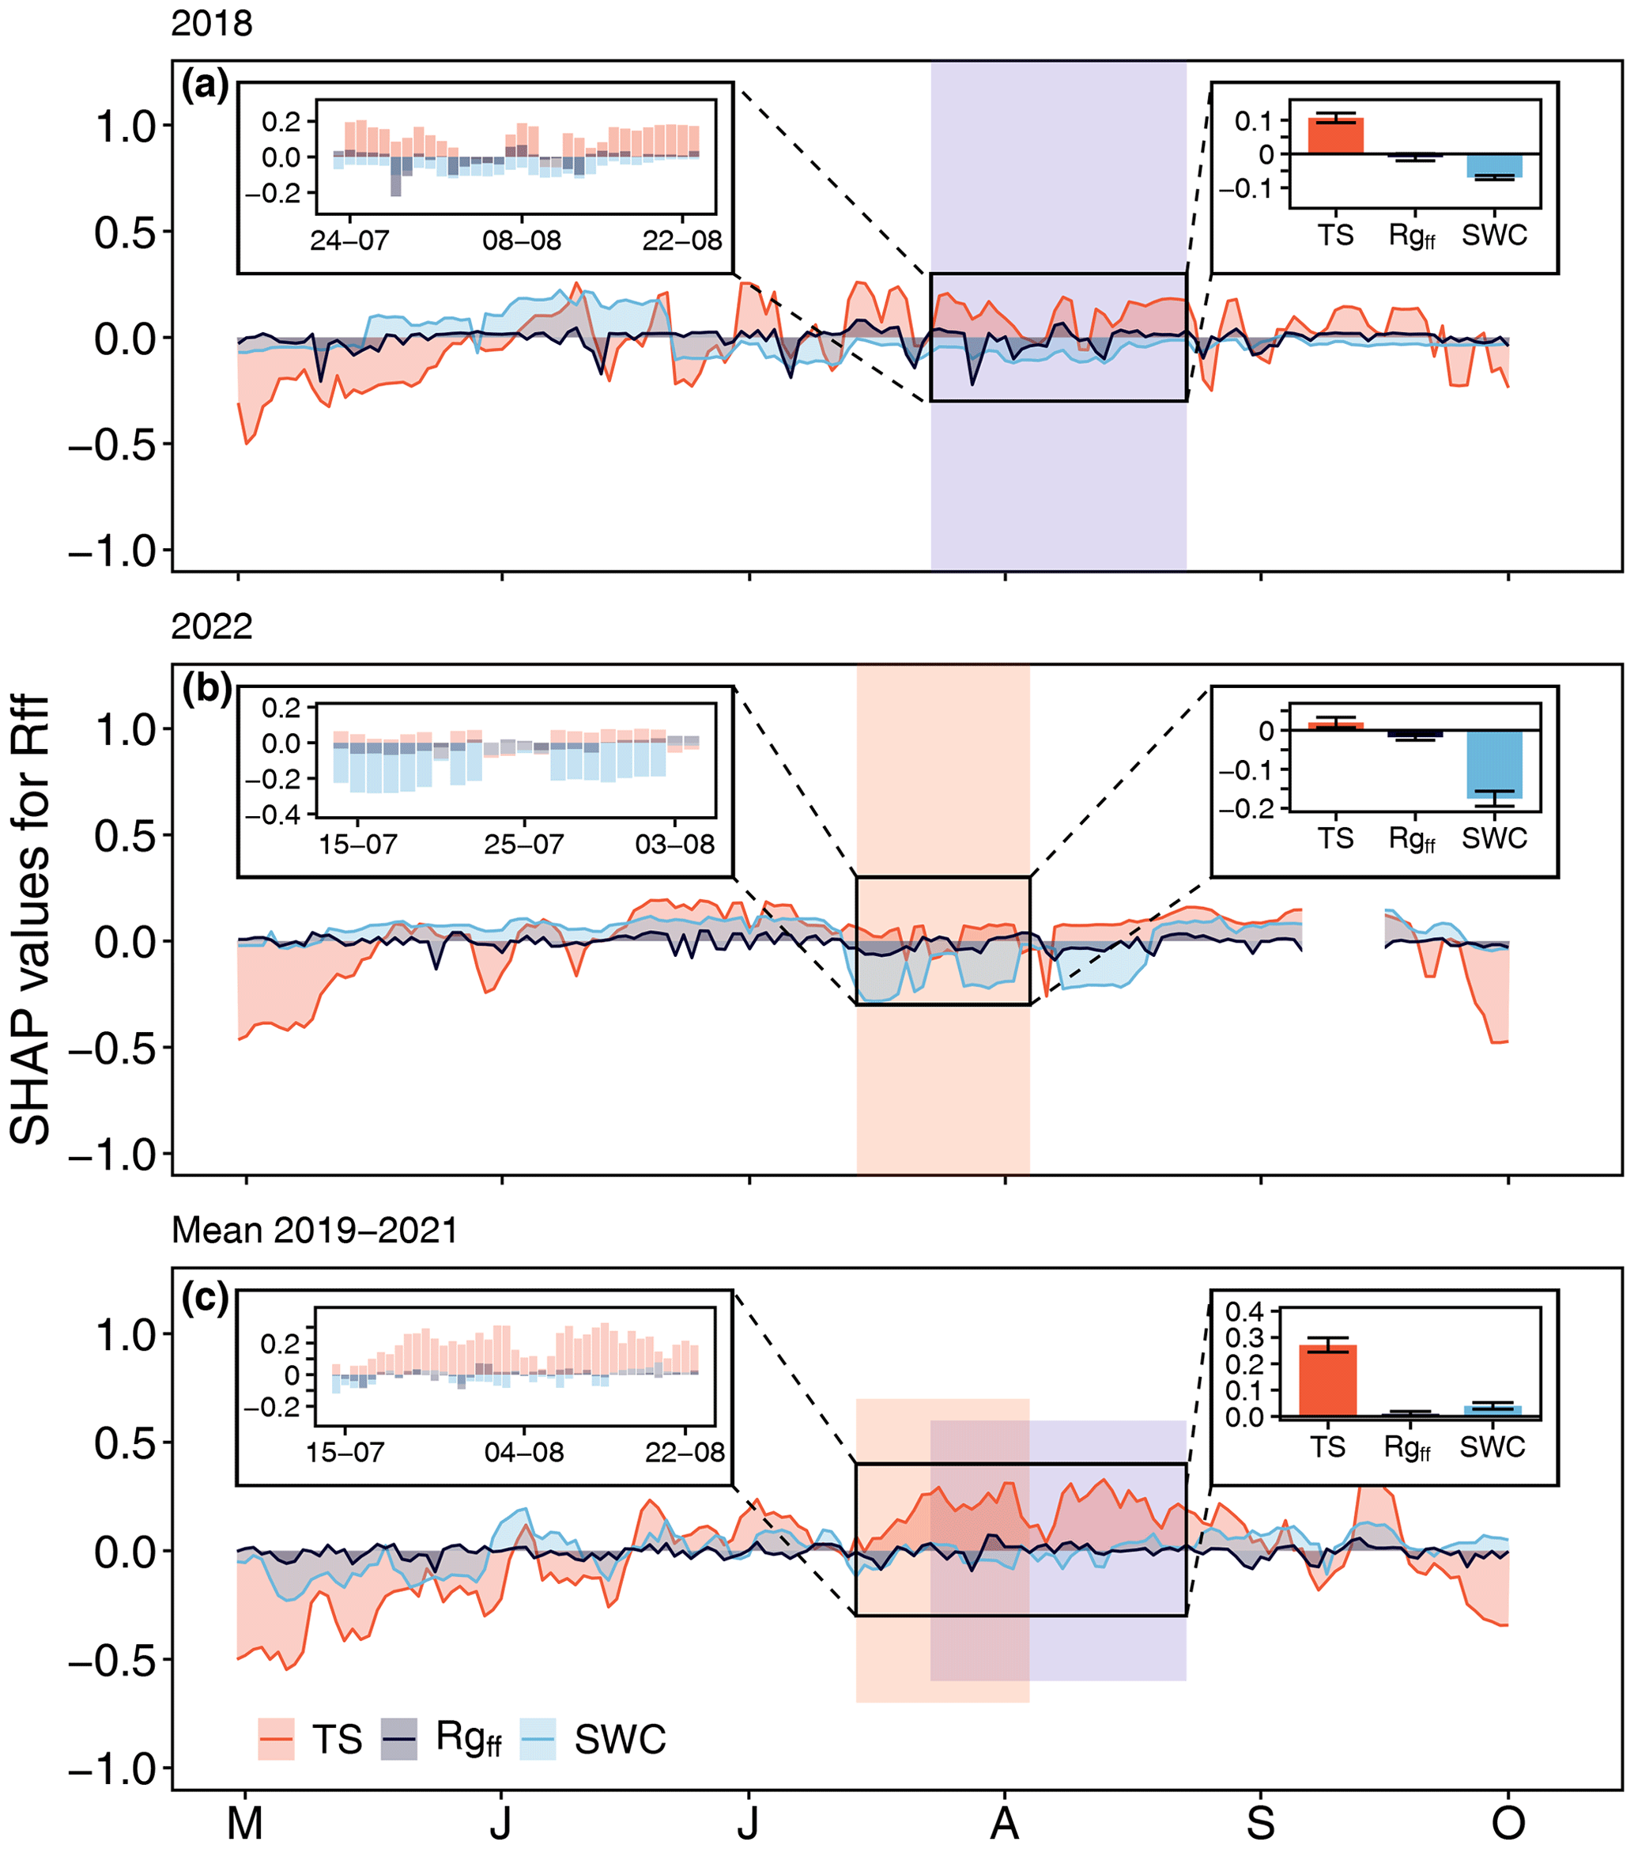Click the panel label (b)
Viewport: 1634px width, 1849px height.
click(206, 690)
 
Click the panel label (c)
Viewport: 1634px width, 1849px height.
click(205, 1298)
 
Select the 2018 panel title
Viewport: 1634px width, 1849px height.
click(212, 24)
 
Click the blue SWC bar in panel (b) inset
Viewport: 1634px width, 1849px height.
click(1494, 765)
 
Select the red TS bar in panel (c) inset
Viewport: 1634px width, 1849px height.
click(1327, 1380)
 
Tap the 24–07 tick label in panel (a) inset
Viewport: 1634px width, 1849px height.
click(349, 240)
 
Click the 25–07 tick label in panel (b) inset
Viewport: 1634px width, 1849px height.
click(523, 845)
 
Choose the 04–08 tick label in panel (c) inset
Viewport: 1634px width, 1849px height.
click(523, 1453)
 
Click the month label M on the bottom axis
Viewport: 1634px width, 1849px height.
click(245, 1824)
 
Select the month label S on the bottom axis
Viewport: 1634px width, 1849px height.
click(1261, 1824)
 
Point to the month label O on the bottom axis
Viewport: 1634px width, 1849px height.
click(1508, 1824)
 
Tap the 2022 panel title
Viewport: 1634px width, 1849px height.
click(212, 627)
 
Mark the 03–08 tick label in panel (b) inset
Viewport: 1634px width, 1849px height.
click(674, 845)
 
